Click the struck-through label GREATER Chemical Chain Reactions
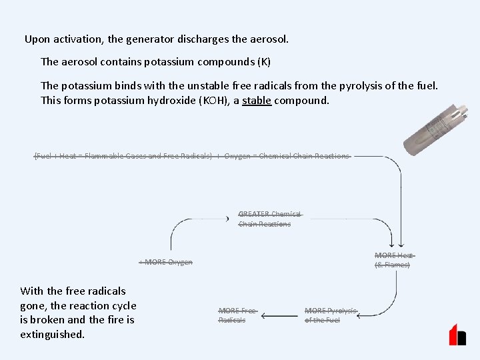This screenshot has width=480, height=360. [x=269, y=219]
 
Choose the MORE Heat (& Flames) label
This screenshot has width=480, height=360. [x=393, y=260]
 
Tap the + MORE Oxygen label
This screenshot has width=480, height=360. [x=166, y=262]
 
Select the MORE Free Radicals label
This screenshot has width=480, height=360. [x=237, y=315]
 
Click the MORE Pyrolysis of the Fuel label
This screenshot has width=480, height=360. [x=331, y=315]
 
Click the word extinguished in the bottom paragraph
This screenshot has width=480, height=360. [x=53, y=334]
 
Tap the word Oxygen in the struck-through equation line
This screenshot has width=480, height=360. [x=237, y=156]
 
